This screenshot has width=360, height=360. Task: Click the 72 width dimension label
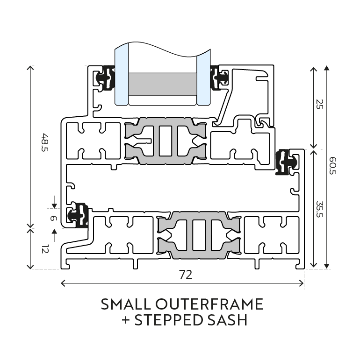click(186, 275)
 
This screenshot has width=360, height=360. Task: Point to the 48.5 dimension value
click(44, 142)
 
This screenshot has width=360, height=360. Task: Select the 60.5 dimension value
click(332, 166)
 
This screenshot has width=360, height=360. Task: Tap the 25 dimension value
click(319, 104)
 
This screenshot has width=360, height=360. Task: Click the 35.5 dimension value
click(320, 209)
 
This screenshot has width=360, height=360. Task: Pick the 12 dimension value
click(45, 249)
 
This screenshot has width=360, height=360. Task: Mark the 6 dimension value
click(53, 218)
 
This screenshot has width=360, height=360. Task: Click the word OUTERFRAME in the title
click(209, 304)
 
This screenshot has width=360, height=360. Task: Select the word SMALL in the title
click(126, 304)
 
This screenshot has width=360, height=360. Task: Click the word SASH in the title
click(227, 320)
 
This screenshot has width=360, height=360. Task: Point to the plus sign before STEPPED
click(126, 320)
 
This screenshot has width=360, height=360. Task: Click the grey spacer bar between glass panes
click(163, 84)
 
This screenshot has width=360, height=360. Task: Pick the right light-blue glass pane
click(203, 78)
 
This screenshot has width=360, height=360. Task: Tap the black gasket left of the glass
click(106, 78)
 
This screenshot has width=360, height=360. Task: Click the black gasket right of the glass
click(219, 78)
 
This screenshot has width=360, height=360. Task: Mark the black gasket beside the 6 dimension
click(79, 215)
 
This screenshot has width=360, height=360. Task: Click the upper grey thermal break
click(166, 141)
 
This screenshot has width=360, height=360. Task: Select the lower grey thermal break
click(199, 235)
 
